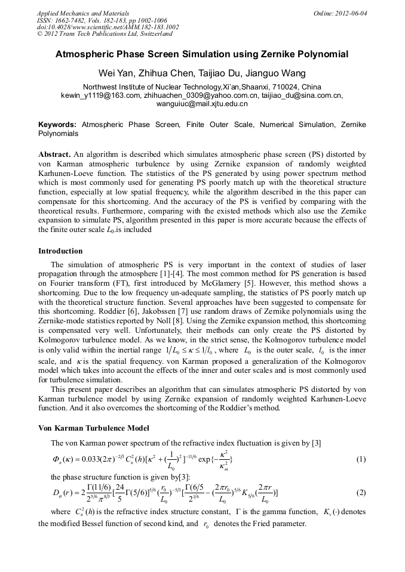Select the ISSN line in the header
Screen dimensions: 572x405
(x=102, y=20)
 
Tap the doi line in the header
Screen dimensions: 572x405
(x=108, y=27)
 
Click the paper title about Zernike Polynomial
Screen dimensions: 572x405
(x=202, y=54)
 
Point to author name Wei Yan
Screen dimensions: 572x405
(x=115, y=74)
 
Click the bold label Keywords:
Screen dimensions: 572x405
(x=57, y=125)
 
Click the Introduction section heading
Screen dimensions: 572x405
(x=60, y=251)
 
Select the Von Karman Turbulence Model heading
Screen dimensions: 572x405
(x=94, y=428)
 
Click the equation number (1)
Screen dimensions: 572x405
(x=361, y=459)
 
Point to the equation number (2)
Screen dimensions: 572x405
(x=361, y=492)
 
